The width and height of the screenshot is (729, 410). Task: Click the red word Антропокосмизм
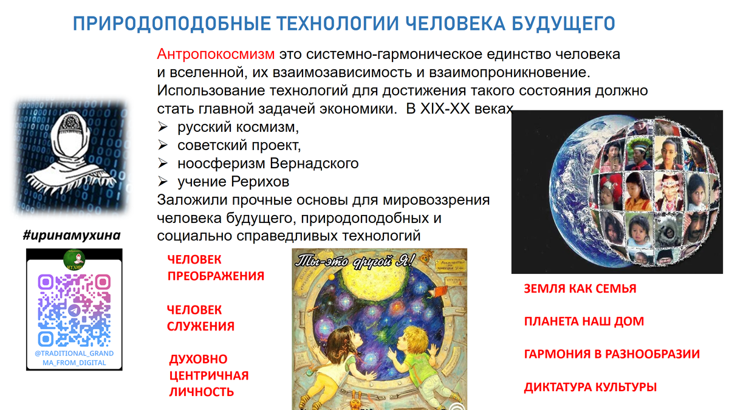216,54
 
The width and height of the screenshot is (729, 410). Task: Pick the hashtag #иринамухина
72,235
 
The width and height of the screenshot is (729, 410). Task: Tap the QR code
74,309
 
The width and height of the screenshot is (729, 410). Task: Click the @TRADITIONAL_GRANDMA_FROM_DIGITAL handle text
74,358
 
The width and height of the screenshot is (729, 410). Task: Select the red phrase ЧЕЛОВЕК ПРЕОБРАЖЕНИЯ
216,267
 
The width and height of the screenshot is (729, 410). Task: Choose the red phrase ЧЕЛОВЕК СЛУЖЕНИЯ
200,318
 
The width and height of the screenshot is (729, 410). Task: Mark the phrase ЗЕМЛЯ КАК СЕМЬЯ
580,289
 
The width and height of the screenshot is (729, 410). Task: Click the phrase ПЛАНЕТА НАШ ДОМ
584,321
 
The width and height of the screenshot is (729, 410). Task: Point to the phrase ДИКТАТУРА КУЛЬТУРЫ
590,387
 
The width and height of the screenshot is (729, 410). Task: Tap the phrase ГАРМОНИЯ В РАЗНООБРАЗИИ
612,354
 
